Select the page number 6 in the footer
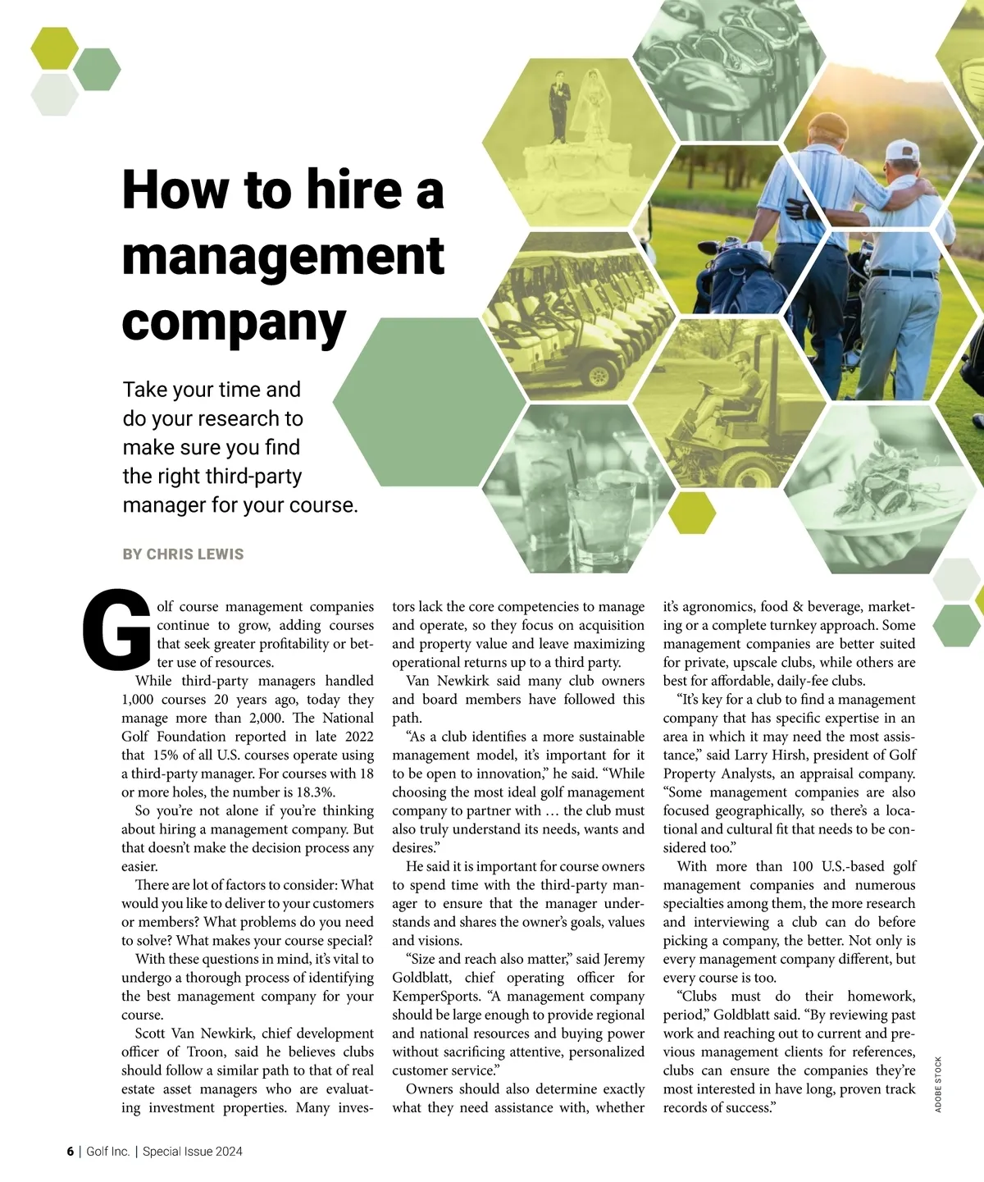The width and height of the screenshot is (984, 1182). pyautogui.click(x=71, y=1152)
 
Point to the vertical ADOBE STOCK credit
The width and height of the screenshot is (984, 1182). pyautogui.click(x=938, y=1084)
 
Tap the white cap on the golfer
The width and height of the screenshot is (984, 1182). pyautogui.click(x=903, y=150)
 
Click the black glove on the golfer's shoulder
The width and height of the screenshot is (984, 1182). pyautogui.click(x=797, y=210)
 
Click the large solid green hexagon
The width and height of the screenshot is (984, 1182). pyautogui.click(x=429, y=404)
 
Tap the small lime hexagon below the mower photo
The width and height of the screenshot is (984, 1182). pyautogui.click(x=692, y=513)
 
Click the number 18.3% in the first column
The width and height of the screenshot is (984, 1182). pyautogui.click(x=312, y=792)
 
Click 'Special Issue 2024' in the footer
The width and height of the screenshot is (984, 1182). pyautogui.click(x=193, y=1152)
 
